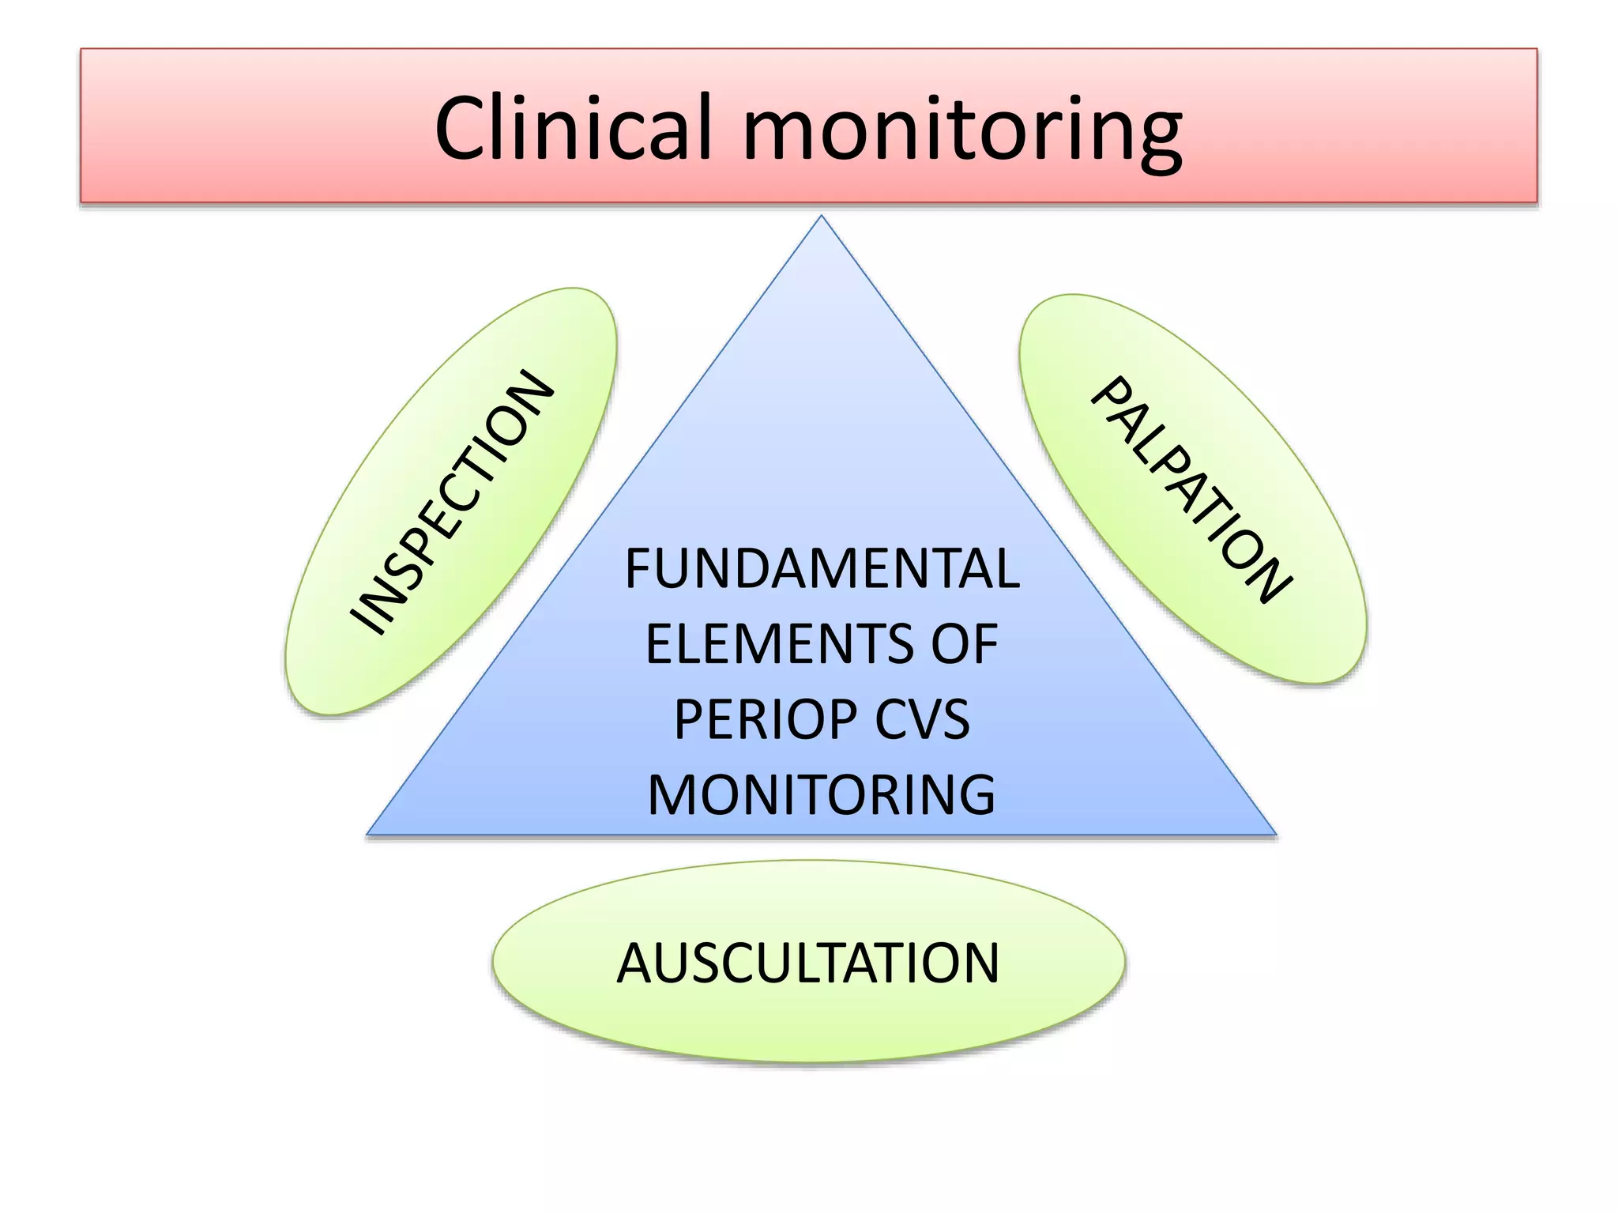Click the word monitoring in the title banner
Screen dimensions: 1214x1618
click(x=961, y=130)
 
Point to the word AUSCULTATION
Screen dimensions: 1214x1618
click(x=808, y=963)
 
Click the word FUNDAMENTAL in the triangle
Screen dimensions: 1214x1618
click(x=822, y=568)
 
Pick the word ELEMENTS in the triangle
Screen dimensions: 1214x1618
click(x=778, y=643)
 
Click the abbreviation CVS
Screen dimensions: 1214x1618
click(x=922, y=719)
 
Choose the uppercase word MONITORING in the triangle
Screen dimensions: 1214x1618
click(x=822, y=795)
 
